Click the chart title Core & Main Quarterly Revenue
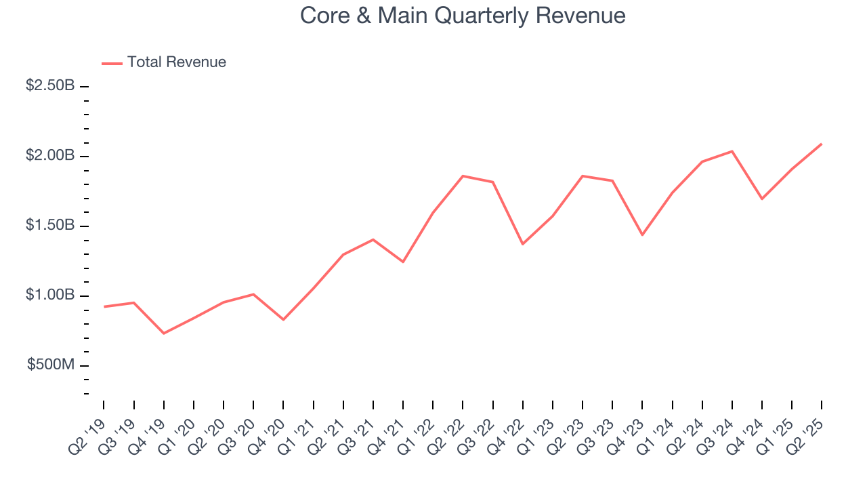pyautogui.click(x=463, y=16)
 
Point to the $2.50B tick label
pyautogui.click(x=49, y=87)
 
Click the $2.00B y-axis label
pyautogui.click(x=49, y=156)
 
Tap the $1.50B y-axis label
pyautogui.click(x=49, y=226)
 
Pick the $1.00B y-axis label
pyautogui.click(x=49, y=296)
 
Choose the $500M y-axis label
pyautogui.click(x=51, y=365)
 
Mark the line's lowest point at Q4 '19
pyautogui.click(x=164, y=333)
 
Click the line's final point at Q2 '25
pyautogui.click(x=822, y=144)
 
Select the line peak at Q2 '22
pyautogui.click(x=463, y=176)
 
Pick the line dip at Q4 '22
pyautogui.click(x=522, y=244)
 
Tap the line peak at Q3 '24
pyautogui.click(x=732, y=151)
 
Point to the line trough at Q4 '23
pyautogui.click(x=642, y=235)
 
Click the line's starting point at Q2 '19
pyautogui.click(x=104, y=306)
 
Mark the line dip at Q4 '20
pyautogui.click(x=283, y=319)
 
